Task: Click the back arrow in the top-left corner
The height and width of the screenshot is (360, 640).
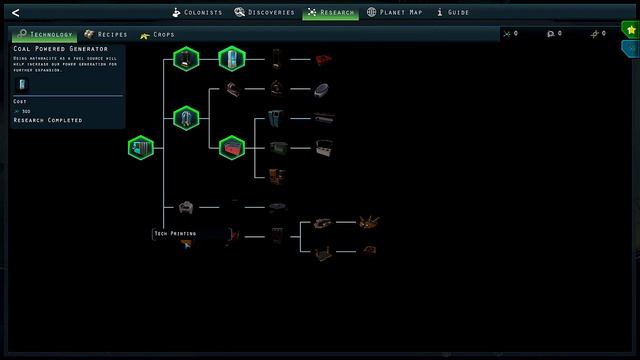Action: tap(15, 12)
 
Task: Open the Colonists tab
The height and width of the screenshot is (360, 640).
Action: tap(196, 12)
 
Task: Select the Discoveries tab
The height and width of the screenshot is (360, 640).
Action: tap(265, 12)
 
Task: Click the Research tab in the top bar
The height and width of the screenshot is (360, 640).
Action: tap(330, 12)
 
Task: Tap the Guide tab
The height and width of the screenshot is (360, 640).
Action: tap(453, 12)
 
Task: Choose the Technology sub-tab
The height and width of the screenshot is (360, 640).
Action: tap(45, 35)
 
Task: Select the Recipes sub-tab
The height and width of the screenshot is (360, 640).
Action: tap(106, 35)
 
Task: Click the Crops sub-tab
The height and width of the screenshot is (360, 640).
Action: tap(158, 35)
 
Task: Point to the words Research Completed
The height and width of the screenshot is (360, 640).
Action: tap(47, 120)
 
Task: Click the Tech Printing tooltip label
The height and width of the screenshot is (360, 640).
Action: tap(174, 233)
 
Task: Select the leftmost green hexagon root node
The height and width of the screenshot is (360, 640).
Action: tap(140, 149)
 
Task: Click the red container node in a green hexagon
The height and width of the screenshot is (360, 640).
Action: tap(232, 149)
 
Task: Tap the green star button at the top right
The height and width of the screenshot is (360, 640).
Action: tap(629, 29)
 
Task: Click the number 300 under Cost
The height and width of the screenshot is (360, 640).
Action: tap(26, 111)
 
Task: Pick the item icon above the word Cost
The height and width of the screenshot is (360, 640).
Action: tap(23, 84)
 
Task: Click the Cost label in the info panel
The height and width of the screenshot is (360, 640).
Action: tap(20, 102)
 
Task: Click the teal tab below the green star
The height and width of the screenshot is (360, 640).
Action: tap(632, 48)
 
